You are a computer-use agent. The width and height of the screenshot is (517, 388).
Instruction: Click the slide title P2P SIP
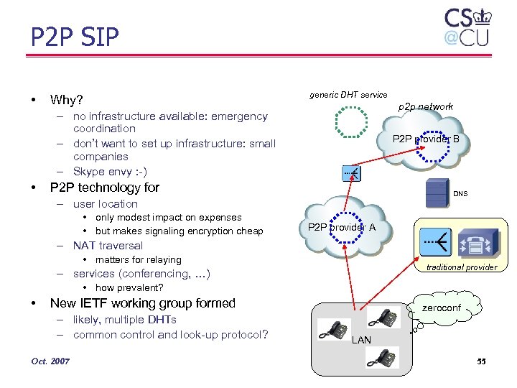click(75, 37)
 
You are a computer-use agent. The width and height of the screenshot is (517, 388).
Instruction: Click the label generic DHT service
click(348, 95)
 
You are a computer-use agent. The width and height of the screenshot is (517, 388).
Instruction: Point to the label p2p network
click(426, 106)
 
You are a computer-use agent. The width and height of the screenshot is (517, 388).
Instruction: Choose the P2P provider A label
click(341, 228)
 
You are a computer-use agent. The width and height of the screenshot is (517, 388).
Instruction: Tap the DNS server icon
click(435, 193)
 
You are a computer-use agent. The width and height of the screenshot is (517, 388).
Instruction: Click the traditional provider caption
click(461, 267)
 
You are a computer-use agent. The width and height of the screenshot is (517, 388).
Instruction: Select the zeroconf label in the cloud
click(442, 308)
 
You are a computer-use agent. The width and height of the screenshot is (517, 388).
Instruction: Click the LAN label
click(361, 339)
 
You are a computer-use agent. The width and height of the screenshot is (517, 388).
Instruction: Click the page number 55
click(480, 361)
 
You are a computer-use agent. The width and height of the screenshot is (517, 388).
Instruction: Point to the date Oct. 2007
click(50, 361)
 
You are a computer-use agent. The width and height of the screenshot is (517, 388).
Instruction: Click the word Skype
click(89, 171)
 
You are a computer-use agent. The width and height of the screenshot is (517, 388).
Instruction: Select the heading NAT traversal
click(108, 246)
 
